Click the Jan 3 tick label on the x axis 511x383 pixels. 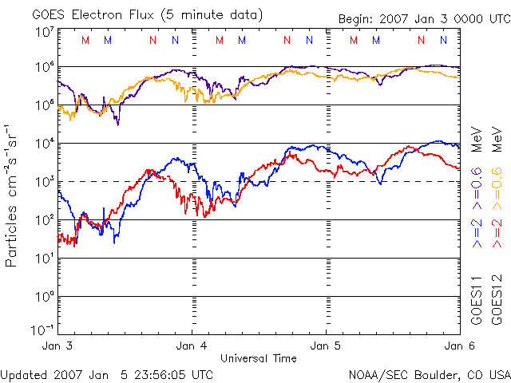point(57,346)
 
